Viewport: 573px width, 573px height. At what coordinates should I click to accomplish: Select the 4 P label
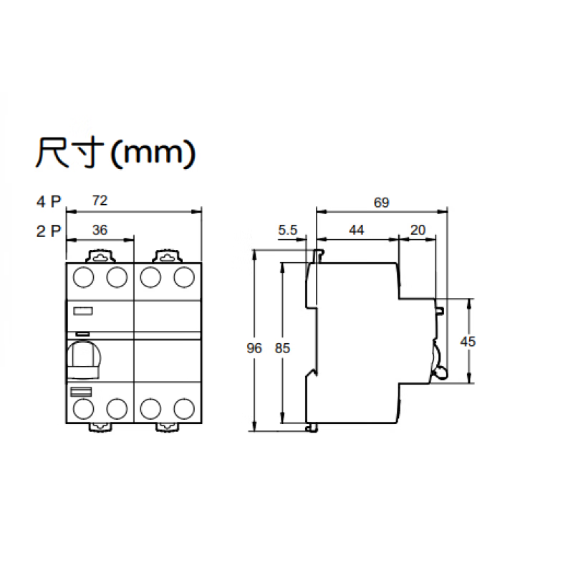[x=49, y=202]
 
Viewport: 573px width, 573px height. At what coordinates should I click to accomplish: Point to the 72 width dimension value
[x=100, y=201]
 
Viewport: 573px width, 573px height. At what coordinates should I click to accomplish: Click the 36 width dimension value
[x=100, y=230]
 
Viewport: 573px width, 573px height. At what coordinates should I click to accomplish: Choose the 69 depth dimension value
[x=381, y=203]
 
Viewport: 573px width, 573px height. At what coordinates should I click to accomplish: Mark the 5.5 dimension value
[x=287, y=230]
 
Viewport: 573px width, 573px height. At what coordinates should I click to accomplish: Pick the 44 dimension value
[x=357, y=230]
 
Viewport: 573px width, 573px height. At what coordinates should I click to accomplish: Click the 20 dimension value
[x=418, y=230]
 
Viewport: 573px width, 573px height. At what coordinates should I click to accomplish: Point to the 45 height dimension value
[x=467, y=342]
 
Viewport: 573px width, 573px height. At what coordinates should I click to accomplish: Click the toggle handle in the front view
[x=82, y=360]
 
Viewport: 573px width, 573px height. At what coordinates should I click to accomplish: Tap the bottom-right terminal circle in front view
[x=185, y=408]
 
